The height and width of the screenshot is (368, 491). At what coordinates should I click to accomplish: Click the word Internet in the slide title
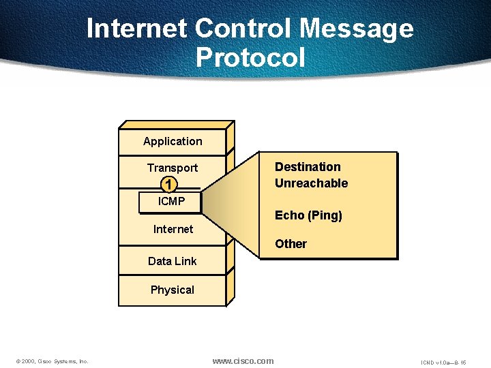click(137, 29)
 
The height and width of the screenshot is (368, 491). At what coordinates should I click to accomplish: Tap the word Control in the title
click(243, 29)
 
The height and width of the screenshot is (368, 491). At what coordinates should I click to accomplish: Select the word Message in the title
click(357, 29)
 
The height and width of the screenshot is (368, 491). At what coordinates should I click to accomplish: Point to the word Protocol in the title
click(250, 57)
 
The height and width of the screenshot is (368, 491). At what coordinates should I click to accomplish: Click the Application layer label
click(173, 142)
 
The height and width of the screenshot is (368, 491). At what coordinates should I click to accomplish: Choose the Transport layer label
click(173, 168)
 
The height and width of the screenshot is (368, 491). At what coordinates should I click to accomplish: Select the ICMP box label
click(171, 202)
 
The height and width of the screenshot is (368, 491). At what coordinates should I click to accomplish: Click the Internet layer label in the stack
click(173, 229)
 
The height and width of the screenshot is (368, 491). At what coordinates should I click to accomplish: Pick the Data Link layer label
click(173, 261)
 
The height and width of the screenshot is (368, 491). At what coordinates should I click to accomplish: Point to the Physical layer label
click(173, 290)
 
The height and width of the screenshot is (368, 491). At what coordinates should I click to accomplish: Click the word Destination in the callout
click(308, 167)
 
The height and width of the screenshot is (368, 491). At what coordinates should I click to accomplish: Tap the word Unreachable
click(311, 183)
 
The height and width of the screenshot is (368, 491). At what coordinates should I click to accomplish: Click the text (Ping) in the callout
click(325, 216)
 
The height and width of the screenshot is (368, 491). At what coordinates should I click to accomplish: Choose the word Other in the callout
click(291, 244)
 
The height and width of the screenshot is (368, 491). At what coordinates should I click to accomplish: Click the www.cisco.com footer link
click(243, 361)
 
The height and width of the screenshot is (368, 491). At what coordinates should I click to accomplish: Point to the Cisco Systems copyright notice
click(52, 361)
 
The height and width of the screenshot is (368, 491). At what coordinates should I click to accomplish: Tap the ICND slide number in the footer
click(443, 361)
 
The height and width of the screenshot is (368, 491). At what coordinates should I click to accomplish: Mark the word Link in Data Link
click(185, 261)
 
